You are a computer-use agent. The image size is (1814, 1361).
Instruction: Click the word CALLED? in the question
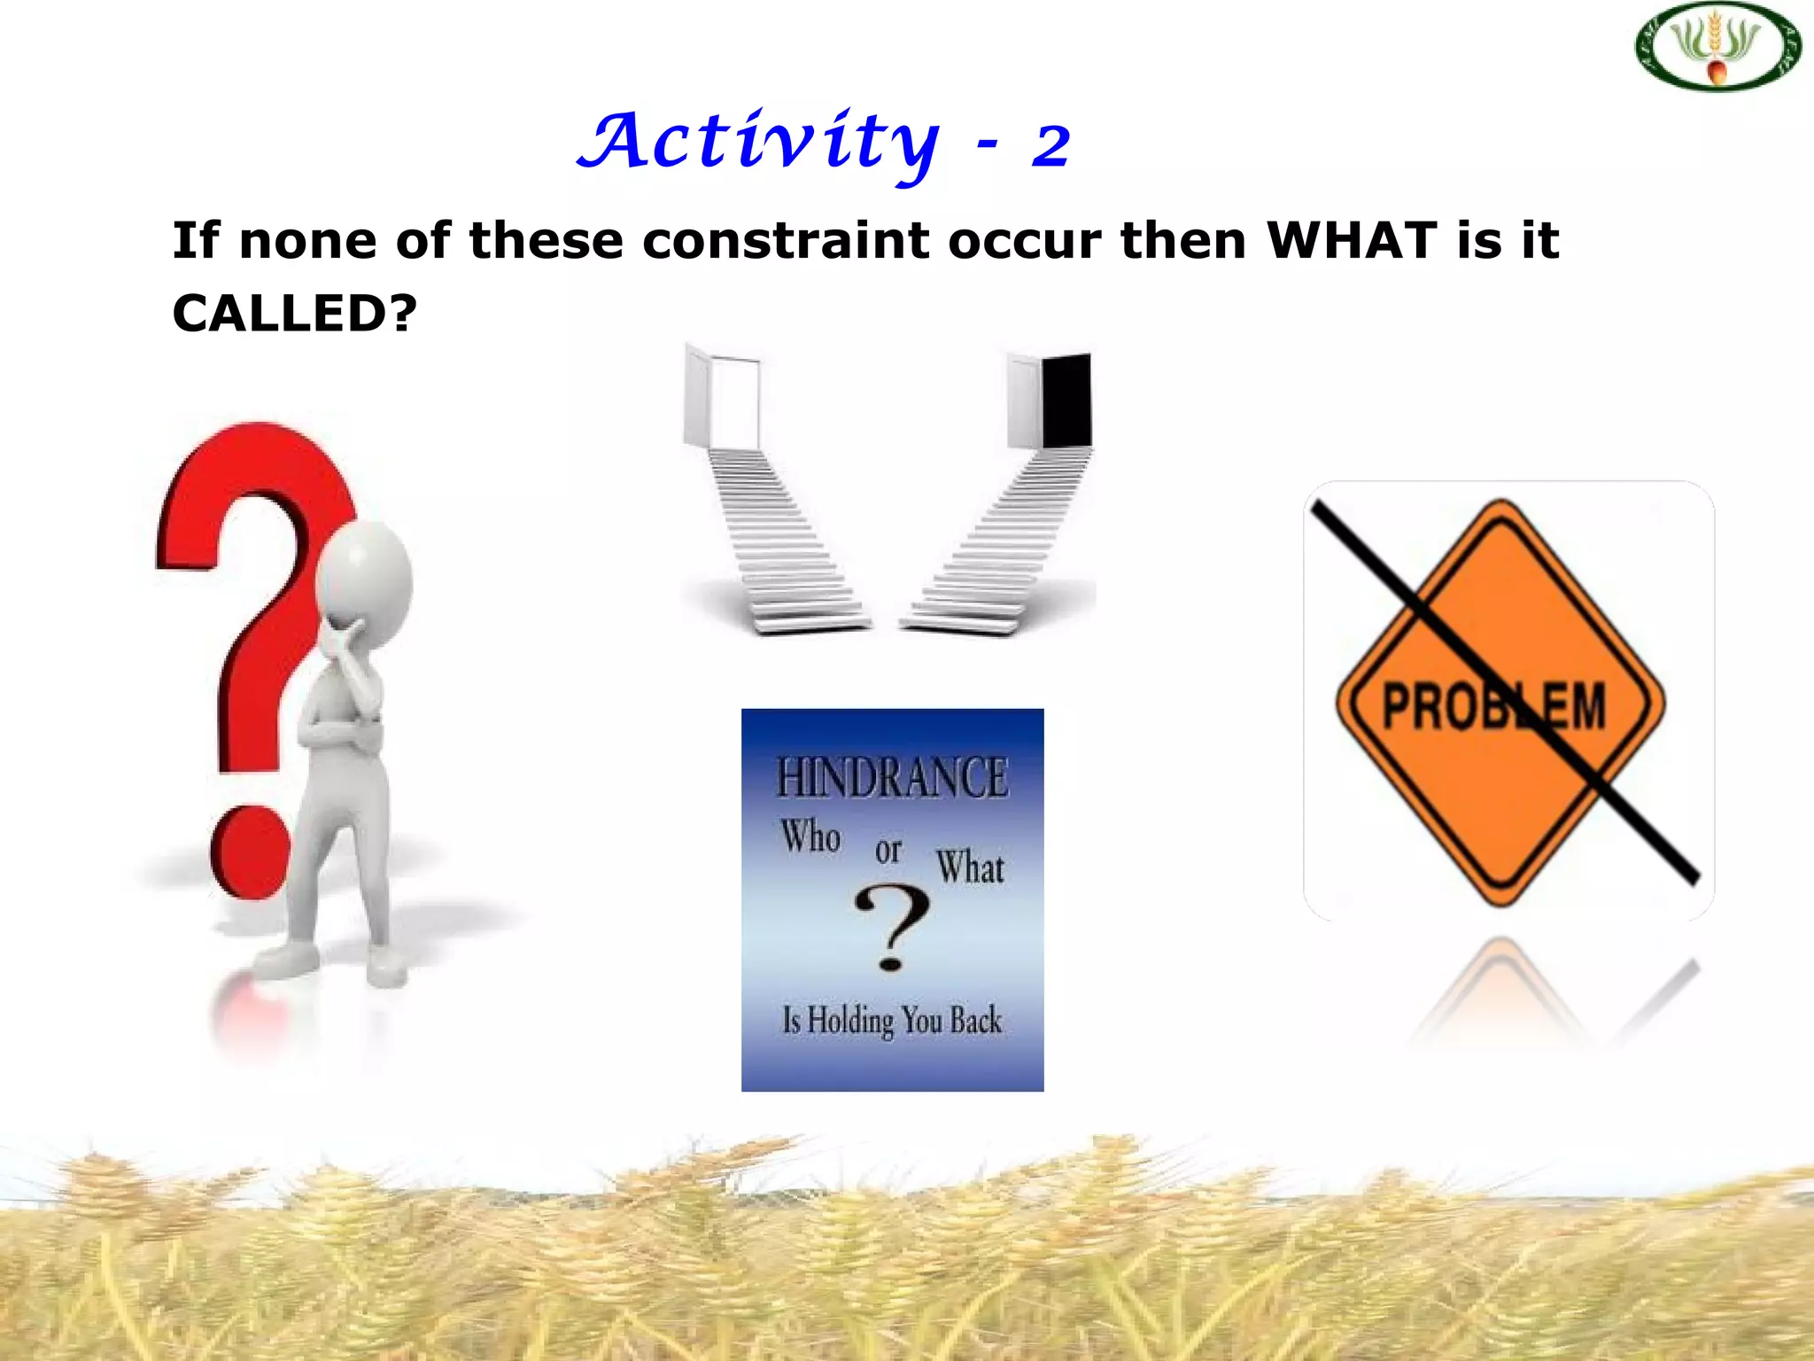[x=294, y=313]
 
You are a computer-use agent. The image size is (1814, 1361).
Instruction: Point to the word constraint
[x=786, y=240]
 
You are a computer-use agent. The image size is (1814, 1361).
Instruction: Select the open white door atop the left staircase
[x=733, y=403]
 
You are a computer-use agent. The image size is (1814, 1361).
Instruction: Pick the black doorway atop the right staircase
[x=1066, y=401]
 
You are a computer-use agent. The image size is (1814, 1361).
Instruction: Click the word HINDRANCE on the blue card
[x=892, y=778]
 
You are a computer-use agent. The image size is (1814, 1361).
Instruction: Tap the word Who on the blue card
[x=810, y=836]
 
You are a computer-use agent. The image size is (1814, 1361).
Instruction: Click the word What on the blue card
[x=971, y=867]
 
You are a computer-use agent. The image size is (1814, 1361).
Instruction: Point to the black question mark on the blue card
[x=893, y=928]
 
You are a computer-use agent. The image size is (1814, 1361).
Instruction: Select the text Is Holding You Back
[x=892, y=1020]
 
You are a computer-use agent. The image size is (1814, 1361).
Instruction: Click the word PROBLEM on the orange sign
[x=1494, y=706]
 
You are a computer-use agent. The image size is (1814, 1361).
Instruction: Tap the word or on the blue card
[x=888, y=851]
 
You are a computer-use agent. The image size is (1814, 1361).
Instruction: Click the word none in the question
[x=307, y=240]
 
